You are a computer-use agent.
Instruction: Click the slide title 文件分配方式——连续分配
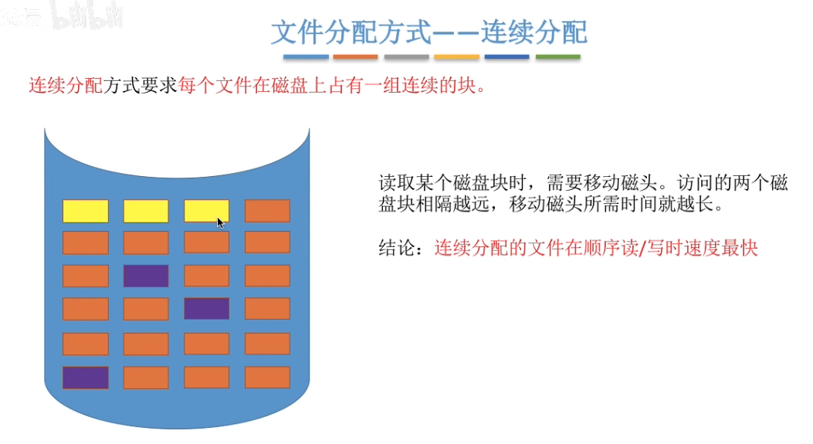click(429, 32)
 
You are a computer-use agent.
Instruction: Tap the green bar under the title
click(557, 57)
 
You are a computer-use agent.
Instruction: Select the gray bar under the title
click(406, 57)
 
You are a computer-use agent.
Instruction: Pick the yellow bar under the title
click(456, 57)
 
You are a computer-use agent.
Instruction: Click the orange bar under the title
click(355, 57)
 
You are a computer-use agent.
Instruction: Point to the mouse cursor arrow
click(220, 222)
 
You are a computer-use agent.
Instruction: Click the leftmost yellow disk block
click(85, 211)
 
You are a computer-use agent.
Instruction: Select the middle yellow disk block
click(146, 211)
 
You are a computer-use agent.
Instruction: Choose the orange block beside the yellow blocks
click(267, 211)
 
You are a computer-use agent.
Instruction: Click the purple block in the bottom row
click(85, 378)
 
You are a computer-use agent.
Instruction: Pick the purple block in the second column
click(146, 276)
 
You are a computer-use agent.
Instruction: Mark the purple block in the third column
click(206, 309)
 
